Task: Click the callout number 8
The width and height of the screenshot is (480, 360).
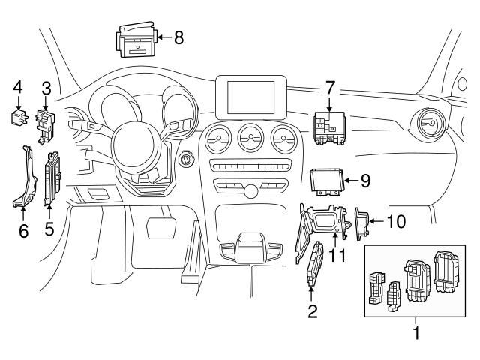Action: pos(178,37)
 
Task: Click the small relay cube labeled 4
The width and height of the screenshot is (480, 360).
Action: pos(19,116)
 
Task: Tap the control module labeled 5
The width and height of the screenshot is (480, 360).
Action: pos(52,178)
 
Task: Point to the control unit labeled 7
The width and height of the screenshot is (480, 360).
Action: pos(328,126)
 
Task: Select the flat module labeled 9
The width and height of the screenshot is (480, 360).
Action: pos(327,181)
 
